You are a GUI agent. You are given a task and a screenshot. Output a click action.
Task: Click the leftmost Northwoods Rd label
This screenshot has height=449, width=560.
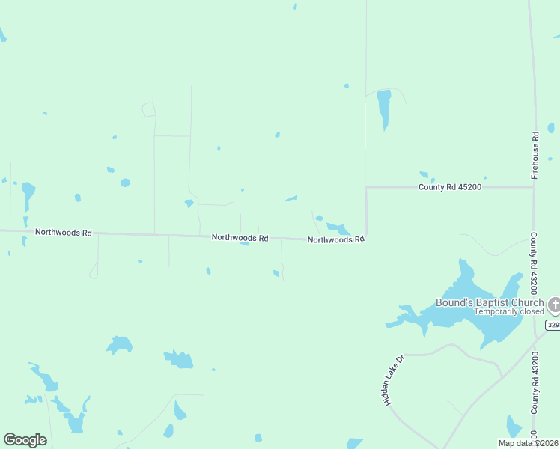point(63,233)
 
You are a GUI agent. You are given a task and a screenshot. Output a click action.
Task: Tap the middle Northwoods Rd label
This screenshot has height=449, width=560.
point(240,237)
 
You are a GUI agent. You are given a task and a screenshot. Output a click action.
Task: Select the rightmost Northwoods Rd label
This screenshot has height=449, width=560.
point(335,239)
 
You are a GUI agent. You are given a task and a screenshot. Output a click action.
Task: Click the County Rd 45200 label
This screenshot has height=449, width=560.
point(449,186)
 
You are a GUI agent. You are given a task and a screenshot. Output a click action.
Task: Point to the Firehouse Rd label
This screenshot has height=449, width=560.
point(535,155)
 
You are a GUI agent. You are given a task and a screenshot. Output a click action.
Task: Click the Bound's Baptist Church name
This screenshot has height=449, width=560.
point(490,302)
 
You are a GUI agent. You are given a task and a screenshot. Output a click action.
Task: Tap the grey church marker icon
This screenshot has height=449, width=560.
point(554,305)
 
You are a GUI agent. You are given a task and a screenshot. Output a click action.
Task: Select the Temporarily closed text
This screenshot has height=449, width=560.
point(509,311)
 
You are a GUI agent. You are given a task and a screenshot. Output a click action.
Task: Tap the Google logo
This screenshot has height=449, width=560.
point(25,440)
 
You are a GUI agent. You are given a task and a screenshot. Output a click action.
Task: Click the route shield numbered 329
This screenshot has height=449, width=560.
point(553,325)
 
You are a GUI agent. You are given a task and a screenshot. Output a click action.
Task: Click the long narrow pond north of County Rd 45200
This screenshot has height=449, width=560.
point(384,107)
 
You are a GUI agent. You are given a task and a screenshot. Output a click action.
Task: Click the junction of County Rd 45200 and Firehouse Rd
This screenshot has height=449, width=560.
point(533,186)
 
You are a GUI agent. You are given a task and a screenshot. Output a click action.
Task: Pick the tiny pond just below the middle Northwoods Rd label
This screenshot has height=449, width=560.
point(244,243)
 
